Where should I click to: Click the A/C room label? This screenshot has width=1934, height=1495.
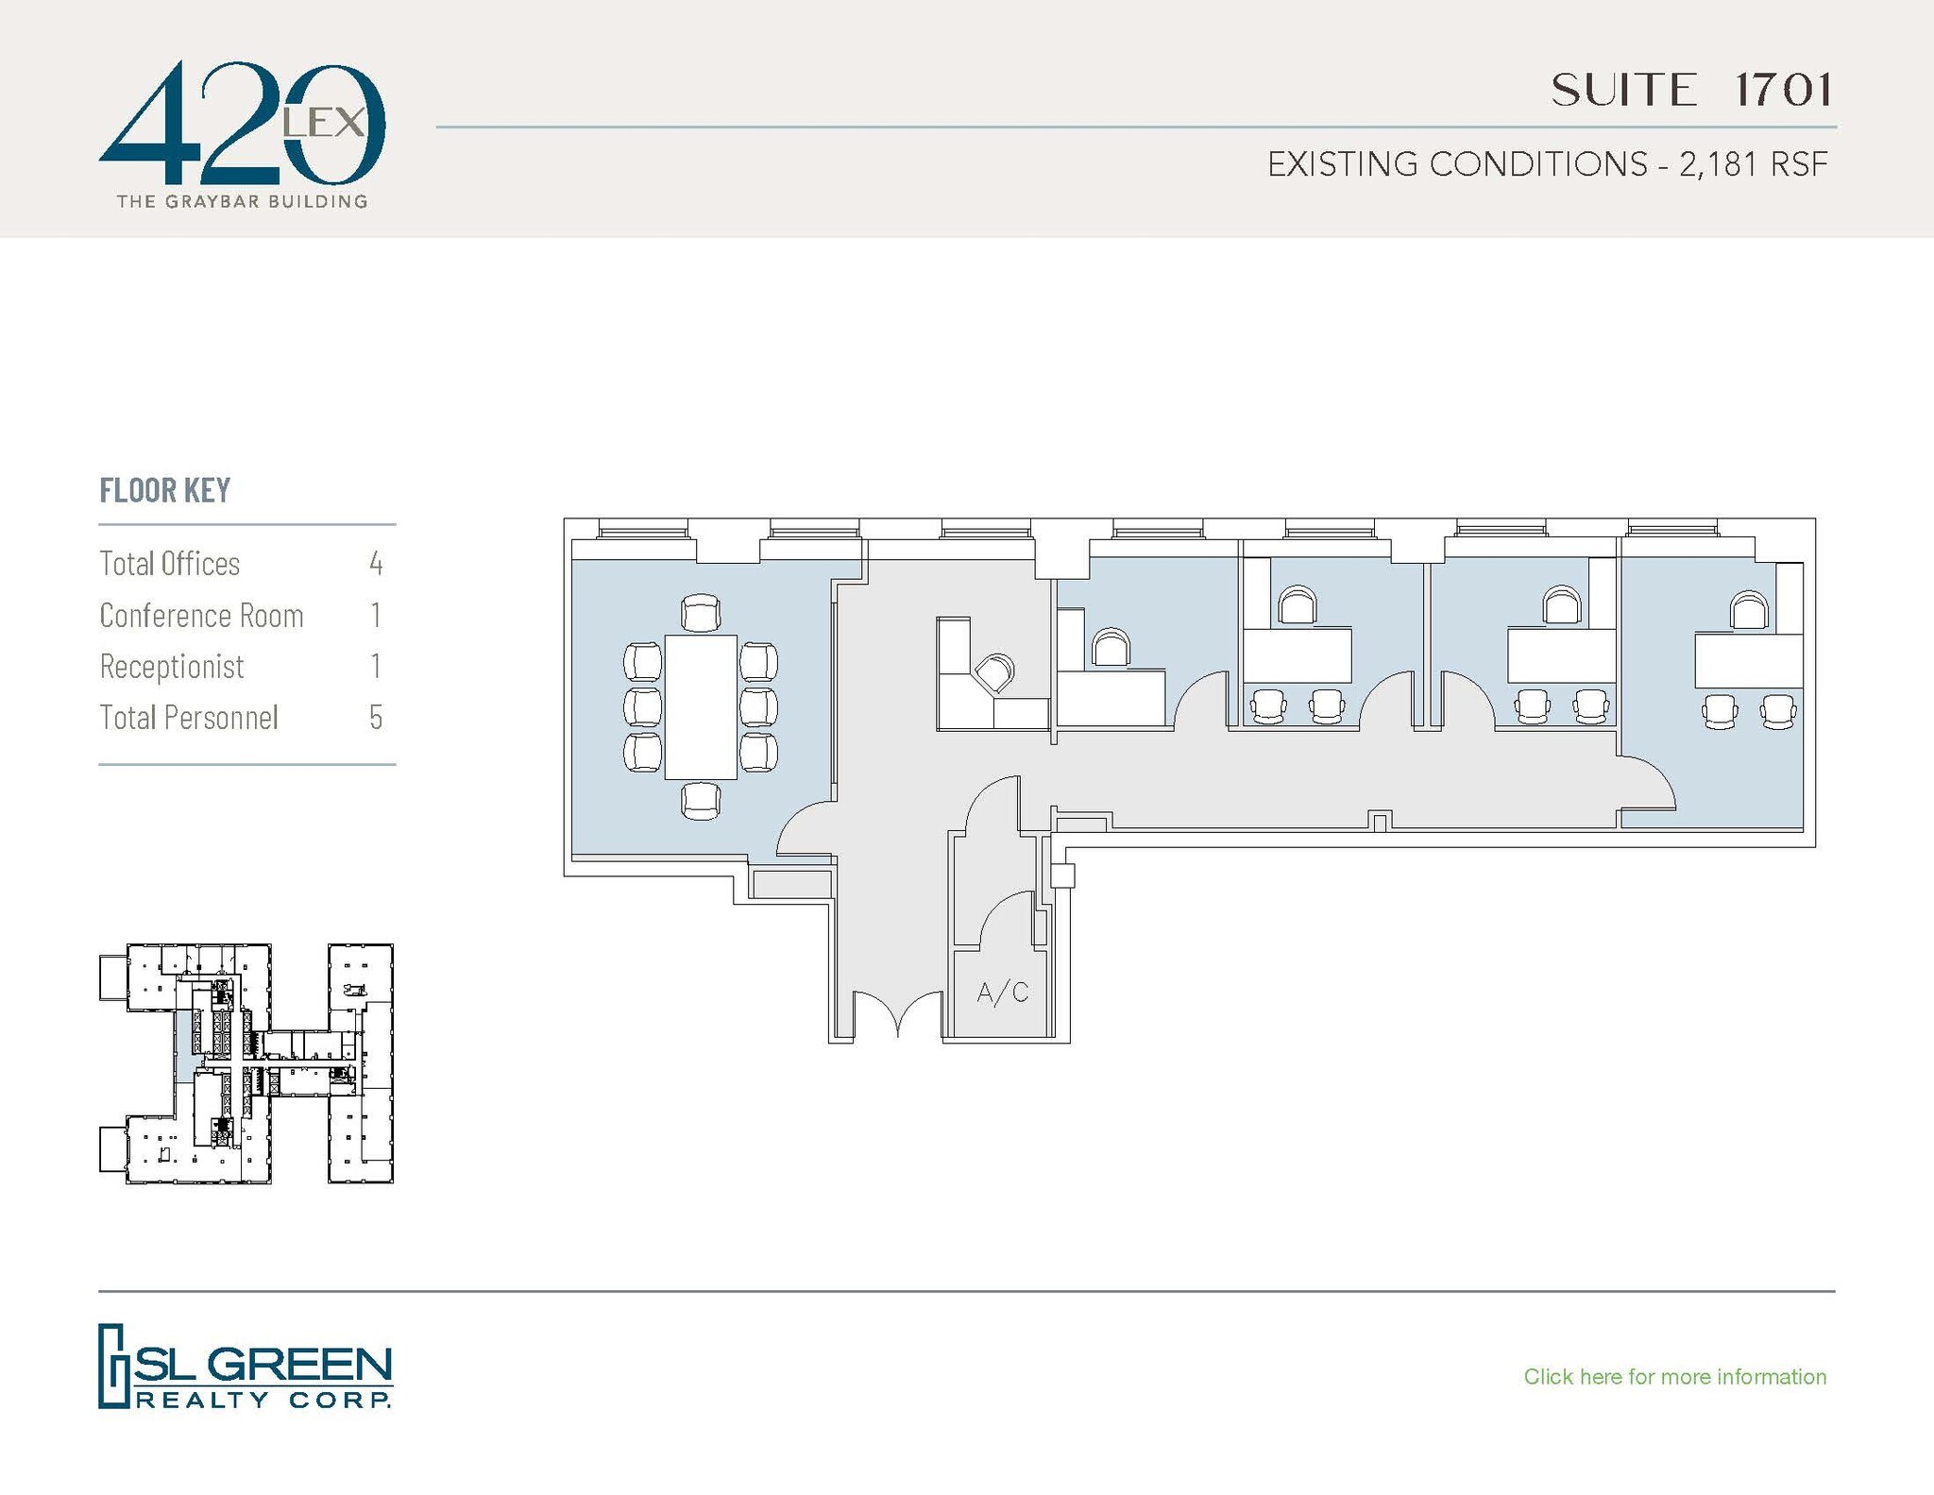[1002, 993]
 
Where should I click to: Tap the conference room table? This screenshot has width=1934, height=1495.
[700, 707]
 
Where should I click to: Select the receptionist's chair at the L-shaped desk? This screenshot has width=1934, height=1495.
[993, 673]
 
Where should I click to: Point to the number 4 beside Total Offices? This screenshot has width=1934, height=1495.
[376, 564]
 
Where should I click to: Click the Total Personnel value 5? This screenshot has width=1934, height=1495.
[376, 718]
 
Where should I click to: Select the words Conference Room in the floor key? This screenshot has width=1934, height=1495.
[201, 616]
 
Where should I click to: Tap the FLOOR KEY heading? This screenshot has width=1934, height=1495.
[165, 490]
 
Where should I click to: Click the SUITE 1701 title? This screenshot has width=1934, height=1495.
[1691, 91]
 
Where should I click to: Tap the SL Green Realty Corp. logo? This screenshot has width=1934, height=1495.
[245, 1366]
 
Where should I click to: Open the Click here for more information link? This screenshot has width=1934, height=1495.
[1674, 1376]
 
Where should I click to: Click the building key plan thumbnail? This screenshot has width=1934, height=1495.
[246, 1062]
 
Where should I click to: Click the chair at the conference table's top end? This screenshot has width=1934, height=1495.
[700, 613]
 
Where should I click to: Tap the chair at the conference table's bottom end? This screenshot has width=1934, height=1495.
[700, 801]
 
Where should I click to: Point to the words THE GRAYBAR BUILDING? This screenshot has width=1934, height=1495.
[242, 201]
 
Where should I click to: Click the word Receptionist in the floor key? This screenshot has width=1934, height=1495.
[172, 667]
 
